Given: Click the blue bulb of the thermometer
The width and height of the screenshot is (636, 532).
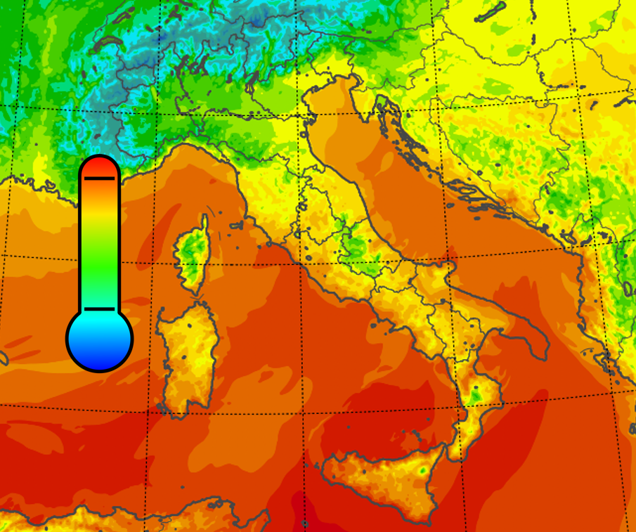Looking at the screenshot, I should click(100, 339).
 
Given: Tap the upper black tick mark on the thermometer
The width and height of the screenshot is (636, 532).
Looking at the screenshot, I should click(99, 179).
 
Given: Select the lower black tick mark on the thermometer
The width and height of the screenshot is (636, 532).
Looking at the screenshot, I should click(99, 309).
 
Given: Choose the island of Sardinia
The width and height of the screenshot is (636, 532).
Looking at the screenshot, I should click(186, 358).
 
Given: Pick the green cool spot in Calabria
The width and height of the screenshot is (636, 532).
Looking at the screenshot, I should click(476, 395).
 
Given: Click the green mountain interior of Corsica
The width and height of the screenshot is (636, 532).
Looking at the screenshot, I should click(188, 249).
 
